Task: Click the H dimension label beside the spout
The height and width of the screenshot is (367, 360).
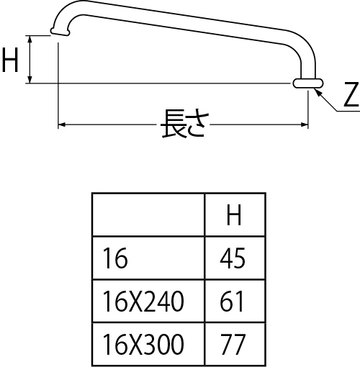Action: tap(10, 60)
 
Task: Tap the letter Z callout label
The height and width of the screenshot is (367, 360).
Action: tap(351, 94)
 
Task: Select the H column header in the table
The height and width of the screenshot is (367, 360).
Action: tap(234, 215)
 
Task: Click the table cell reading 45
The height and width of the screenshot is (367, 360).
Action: tap(233, 258)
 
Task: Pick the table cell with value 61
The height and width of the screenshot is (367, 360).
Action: tap(232, 302)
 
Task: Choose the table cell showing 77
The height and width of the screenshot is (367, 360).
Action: tap(233, 344)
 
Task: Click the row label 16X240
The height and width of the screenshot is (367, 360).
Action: tap(143, 302)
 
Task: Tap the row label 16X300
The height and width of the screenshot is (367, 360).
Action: tap(143, 344)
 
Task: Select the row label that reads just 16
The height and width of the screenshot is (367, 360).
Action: tap(115, 258)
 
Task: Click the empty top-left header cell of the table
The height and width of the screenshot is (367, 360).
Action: tap(148, 214)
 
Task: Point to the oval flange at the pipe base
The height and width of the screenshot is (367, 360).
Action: tap(308, 83)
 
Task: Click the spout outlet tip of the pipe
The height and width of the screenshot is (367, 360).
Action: tap(60, 32)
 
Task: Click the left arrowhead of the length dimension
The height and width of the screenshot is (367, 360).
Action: tap(62, 124)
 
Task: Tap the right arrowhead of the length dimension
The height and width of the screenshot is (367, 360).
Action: tap(304, 124)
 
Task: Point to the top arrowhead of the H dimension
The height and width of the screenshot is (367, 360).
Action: tap(30, 40)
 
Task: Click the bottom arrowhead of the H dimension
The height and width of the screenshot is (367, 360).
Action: tap(30, 79)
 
